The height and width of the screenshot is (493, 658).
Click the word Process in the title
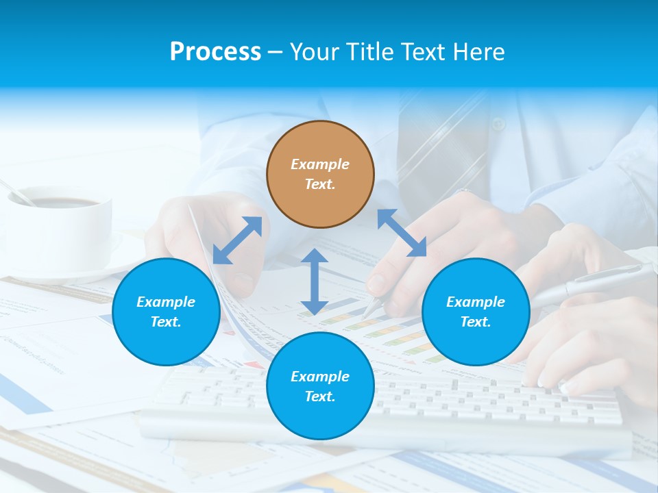[215, 52]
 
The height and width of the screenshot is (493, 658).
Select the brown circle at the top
[320, 174]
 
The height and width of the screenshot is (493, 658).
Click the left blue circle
[166, 312]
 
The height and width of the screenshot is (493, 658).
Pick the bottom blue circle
[320, 386]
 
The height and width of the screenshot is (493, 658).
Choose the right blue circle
[476, 312]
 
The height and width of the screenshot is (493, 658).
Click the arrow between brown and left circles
[237, 240]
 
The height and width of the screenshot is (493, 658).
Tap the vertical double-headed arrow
[314, 281]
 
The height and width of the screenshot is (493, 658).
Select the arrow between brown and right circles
[402, 233]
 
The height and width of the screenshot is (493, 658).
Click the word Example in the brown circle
[320, 164]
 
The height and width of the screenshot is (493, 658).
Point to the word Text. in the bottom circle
[320, 396]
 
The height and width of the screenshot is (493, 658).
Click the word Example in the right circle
[476, 302]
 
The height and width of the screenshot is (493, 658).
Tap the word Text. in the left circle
[166, 322]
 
